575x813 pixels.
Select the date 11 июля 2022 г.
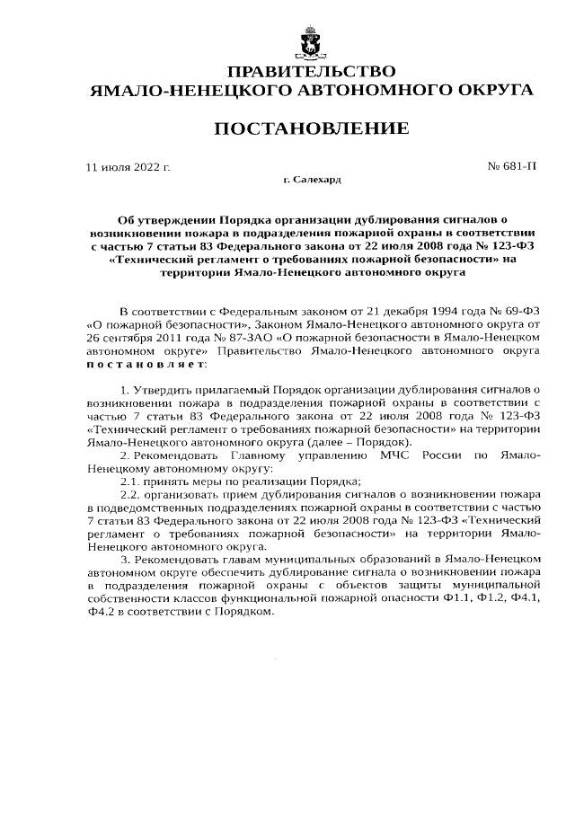127,167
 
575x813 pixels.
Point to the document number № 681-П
511,167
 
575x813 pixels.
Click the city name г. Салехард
312,181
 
